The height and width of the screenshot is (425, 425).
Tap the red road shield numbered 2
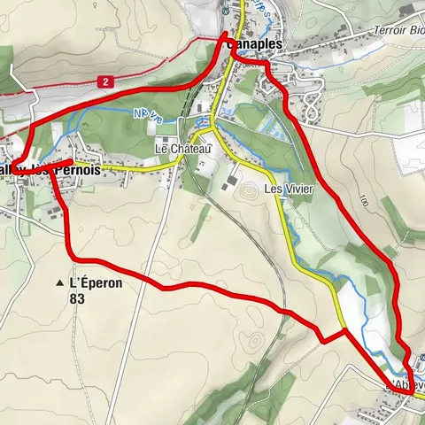click(106, 81)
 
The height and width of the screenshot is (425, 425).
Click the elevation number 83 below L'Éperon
click(81, 299)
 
